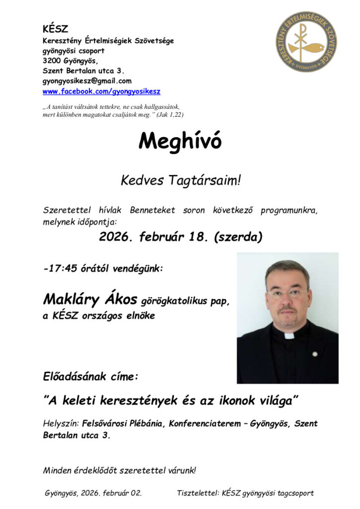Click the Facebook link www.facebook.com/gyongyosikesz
pyautogui.click(x=101, y=92)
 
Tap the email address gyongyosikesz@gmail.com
pyautogui.click(x=87, y=81)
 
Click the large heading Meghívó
pyautogui.click(x=180, y=142)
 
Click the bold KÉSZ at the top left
pyautogui.click(x=55, y=29)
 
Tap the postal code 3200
pyautogui.click(x=51, y=61)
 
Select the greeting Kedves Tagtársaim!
pyautogui.click(x=180, y=180)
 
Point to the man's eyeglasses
pyautogui.click(x=287, y=293)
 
